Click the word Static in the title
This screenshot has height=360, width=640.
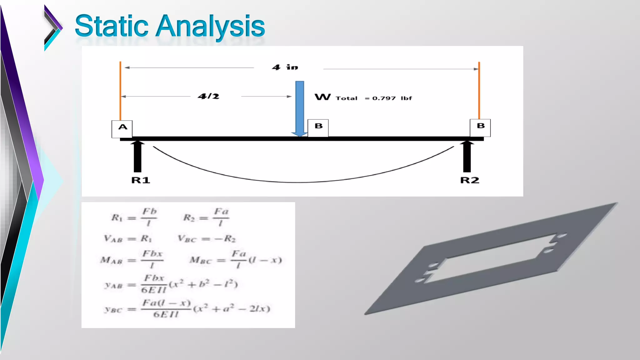(112, 26)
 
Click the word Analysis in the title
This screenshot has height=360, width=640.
(210, 27)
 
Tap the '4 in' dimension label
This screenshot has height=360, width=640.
(285, 67)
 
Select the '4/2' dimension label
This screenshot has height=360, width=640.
(208, 96)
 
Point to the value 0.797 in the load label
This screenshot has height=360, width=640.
(384, 98)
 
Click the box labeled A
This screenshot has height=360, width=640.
(122, 129)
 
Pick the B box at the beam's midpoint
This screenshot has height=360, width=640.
(318, 127)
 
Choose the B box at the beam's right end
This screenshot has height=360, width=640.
(480, 127)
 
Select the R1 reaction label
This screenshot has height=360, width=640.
(141, 180)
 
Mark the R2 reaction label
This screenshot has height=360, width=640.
(470, 180)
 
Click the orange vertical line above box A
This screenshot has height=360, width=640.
(120, 91)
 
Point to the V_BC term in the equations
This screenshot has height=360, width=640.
(187, 239)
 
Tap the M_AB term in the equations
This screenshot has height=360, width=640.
(111, 260)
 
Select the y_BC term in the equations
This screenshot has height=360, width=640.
(113, 310)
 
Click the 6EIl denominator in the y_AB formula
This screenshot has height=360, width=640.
(153, 290)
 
